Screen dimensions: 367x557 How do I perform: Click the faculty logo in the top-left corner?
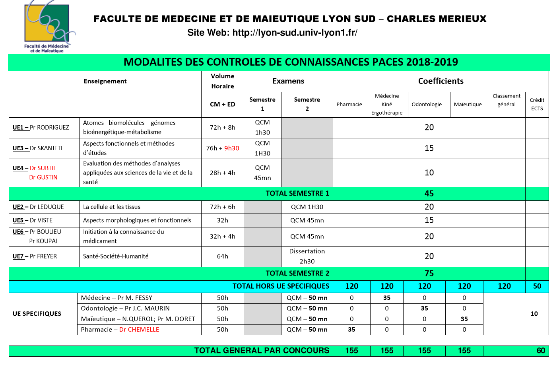coord(47,26)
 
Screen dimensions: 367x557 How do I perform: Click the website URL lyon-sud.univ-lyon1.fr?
coord(295,33)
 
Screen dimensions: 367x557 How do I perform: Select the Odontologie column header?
coord(427,105)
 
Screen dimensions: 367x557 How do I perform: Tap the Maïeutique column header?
coord(468,105)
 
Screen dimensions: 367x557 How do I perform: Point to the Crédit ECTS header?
coord(537,104)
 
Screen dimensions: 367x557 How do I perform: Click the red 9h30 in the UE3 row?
coord(231,148)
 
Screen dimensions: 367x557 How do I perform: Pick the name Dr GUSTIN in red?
coord(43,177)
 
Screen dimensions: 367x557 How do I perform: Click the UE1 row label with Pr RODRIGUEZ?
coord(41,128)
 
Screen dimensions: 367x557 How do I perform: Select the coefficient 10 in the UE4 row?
coord(429,173)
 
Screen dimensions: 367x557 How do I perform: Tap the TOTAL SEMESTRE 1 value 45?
coord(429,194)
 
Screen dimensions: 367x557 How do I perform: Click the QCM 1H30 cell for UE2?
coord(307,207)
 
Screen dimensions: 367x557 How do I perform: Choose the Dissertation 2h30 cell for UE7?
coord(307,256)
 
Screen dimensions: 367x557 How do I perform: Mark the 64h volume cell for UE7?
coord(223,256)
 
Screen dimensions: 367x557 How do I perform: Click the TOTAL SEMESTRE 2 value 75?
coord(429,274)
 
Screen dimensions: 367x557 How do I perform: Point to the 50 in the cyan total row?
coord(537,286)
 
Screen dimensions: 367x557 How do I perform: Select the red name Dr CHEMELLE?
coord(139,330)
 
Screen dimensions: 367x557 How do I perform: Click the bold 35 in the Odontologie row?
coord(424,309)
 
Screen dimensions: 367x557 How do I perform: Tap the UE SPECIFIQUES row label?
coord(37,314)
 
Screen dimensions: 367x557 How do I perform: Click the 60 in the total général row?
coord(541,351)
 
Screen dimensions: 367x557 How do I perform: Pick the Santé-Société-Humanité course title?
coord(116,256)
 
